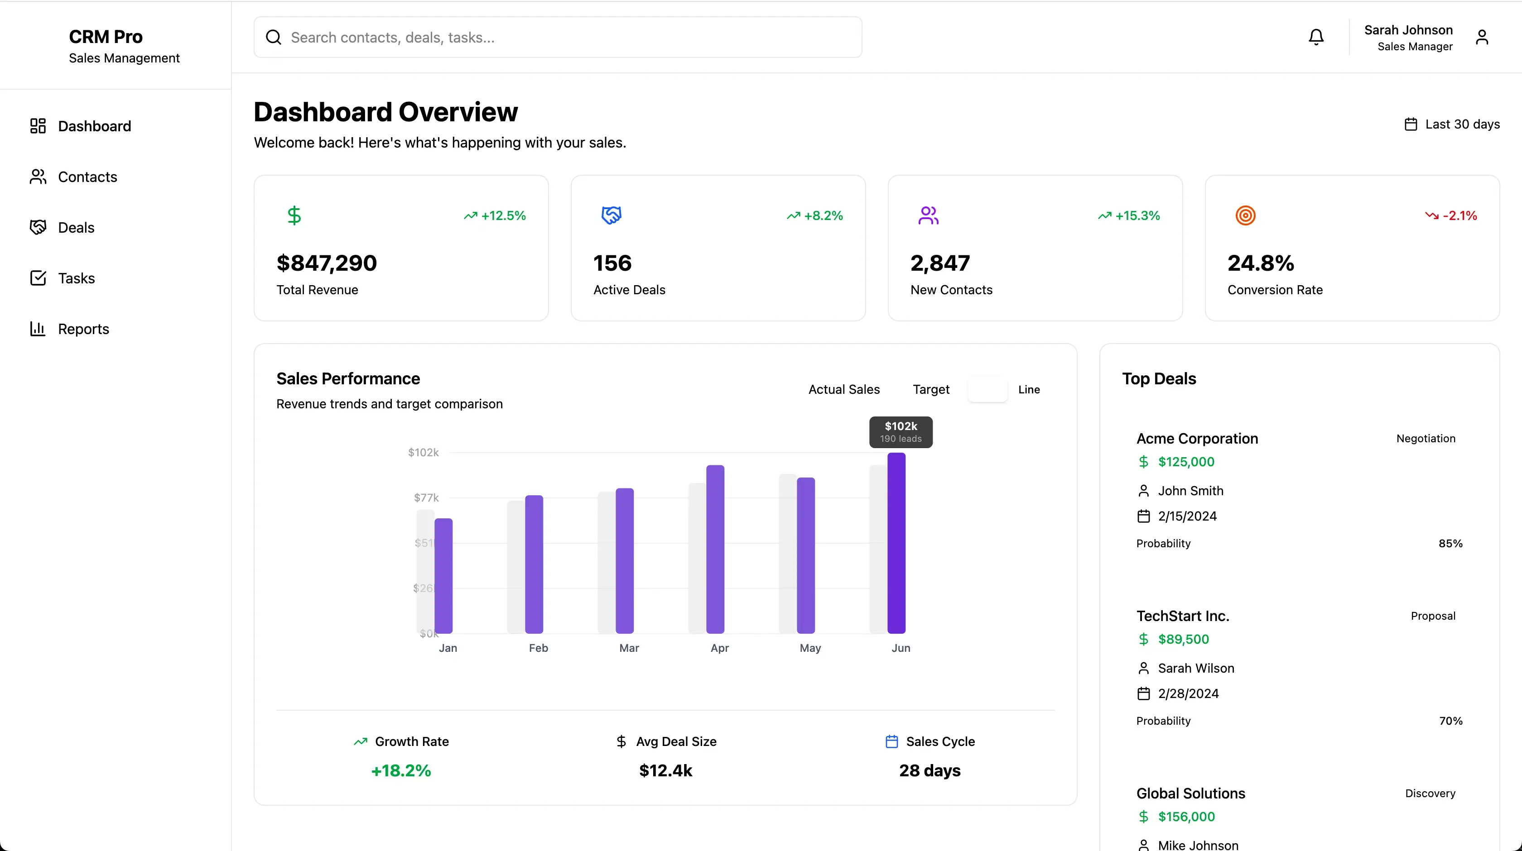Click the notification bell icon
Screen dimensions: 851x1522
(x=1316, y=37)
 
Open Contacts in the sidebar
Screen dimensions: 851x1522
(x=87, y=177)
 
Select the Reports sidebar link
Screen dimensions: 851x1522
(x=83, y=329)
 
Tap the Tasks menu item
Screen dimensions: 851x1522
(x=76, y=278)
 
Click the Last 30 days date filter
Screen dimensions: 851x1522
(x=1452, y=124)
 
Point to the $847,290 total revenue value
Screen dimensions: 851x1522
(x=326, y=263)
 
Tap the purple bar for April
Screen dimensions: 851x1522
(x=715, y=549)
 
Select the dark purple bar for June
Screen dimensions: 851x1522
(x=896, y=543)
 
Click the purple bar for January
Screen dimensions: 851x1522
(x=444, y=576)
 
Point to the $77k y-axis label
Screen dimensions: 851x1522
(x=426, y=498)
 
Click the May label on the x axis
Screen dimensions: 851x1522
(x=810, y=648)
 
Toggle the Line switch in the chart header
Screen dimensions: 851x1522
(x=987, y=390)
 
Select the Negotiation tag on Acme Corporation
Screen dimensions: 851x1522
(x=1426, y=438)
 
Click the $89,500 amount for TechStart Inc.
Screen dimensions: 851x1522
(x=1184, y=639)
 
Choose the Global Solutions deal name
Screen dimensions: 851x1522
(x=1190, y=793)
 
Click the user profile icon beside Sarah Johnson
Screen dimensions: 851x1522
(x=1482, y=37)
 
